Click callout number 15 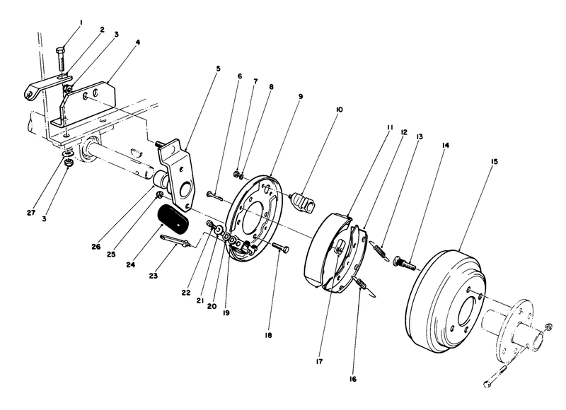(x=493, y=162)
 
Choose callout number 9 (x=300, y=95)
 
